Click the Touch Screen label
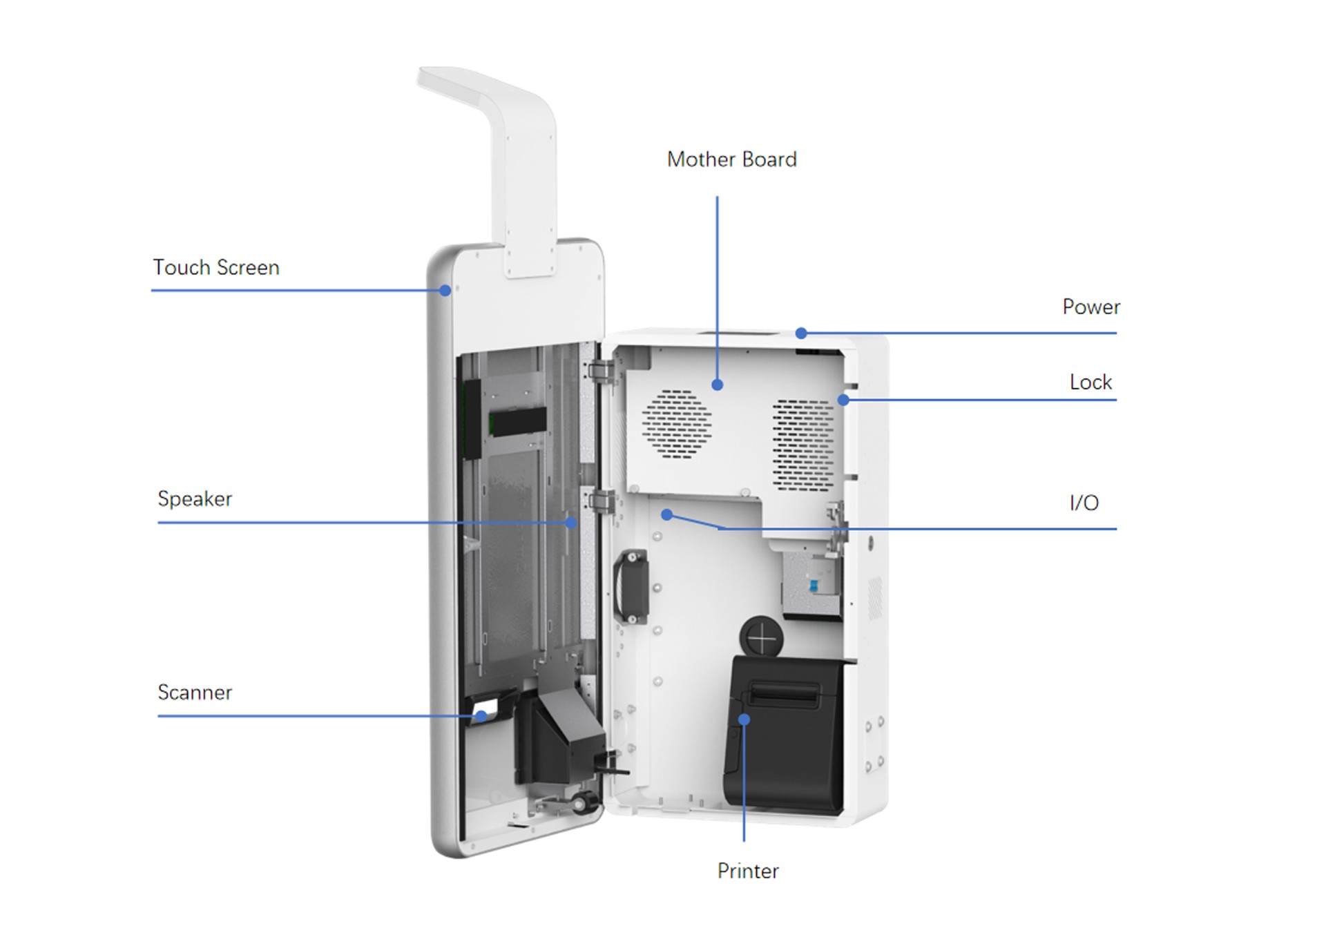click(x=216, y=268)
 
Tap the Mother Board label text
click(x=731, y=160)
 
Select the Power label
click(x=1090, y=307)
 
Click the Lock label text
click(x=1090, y=383)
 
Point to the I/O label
click(x=1084, y=503)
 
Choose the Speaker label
click(x=195, y=499)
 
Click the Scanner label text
click(x=195, y=693)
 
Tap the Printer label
click(x=748, y=871)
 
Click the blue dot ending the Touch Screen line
click(x=445, y=291)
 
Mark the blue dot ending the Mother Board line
click(x=718, y=385)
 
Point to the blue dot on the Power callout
click(x=801, y=334)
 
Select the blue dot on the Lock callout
click(x=843, y=400)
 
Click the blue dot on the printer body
click(x=744, y=719)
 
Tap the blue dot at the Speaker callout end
click(x=571, y=523)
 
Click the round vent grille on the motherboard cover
click(x=677, y=424)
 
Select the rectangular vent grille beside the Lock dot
click(x=803, y=444)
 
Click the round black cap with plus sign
click(x=762, y=637)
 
